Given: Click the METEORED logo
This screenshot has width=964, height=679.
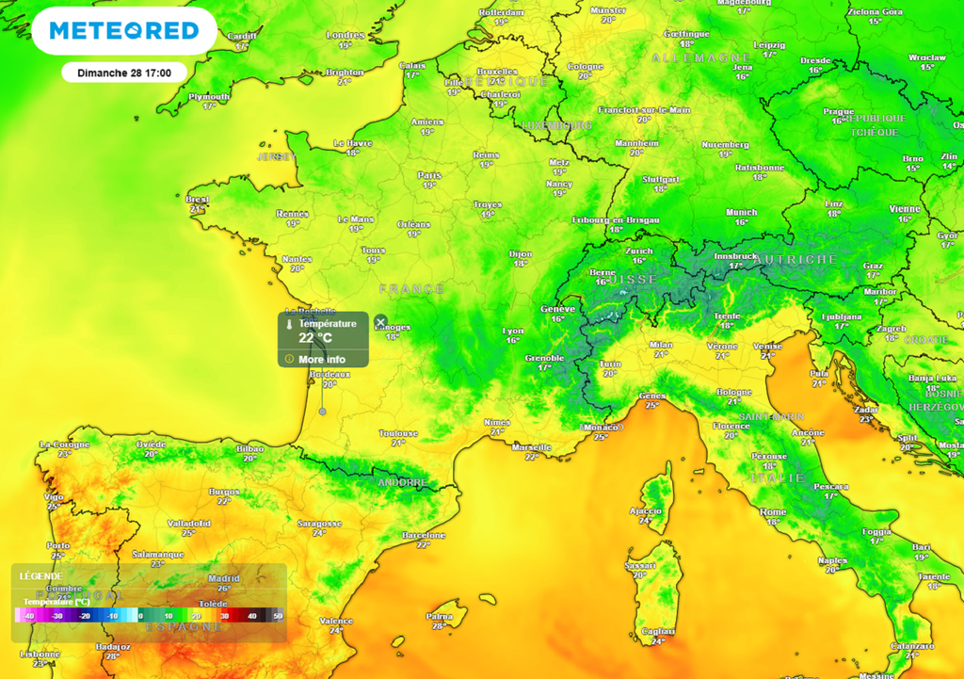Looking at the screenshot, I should point(123,31).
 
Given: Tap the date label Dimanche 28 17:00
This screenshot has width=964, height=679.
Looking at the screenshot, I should point(123,72).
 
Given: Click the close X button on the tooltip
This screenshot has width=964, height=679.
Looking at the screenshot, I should point(380,322).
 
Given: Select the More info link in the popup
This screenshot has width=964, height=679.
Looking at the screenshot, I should point(322,359).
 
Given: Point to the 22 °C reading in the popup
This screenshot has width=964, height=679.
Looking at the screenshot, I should point(315,337).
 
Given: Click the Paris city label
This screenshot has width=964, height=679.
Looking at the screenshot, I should point(429,175).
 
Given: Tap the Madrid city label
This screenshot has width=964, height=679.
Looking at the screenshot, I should point(224,578).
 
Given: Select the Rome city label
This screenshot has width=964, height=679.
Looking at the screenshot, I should point(773,510).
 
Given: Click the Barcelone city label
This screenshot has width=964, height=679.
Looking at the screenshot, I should point(423,535).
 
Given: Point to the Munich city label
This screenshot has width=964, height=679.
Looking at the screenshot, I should point(742,212).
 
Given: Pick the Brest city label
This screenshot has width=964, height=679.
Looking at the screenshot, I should point(198,199).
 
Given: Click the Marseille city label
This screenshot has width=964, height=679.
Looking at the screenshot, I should point(532,446).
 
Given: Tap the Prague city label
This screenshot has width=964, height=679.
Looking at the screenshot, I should point(838,111).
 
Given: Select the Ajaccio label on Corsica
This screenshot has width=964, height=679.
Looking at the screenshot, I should point(646,509).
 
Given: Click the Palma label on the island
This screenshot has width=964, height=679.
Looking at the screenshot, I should point(439,616).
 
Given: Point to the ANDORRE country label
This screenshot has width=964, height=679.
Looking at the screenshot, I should point(402,482).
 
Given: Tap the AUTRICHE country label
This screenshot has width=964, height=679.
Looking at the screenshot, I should point(796,258).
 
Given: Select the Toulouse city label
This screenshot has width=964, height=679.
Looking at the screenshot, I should point(398,433).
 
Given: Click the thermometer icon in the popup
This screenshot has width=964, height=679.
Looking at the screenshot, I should point(290,324).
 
